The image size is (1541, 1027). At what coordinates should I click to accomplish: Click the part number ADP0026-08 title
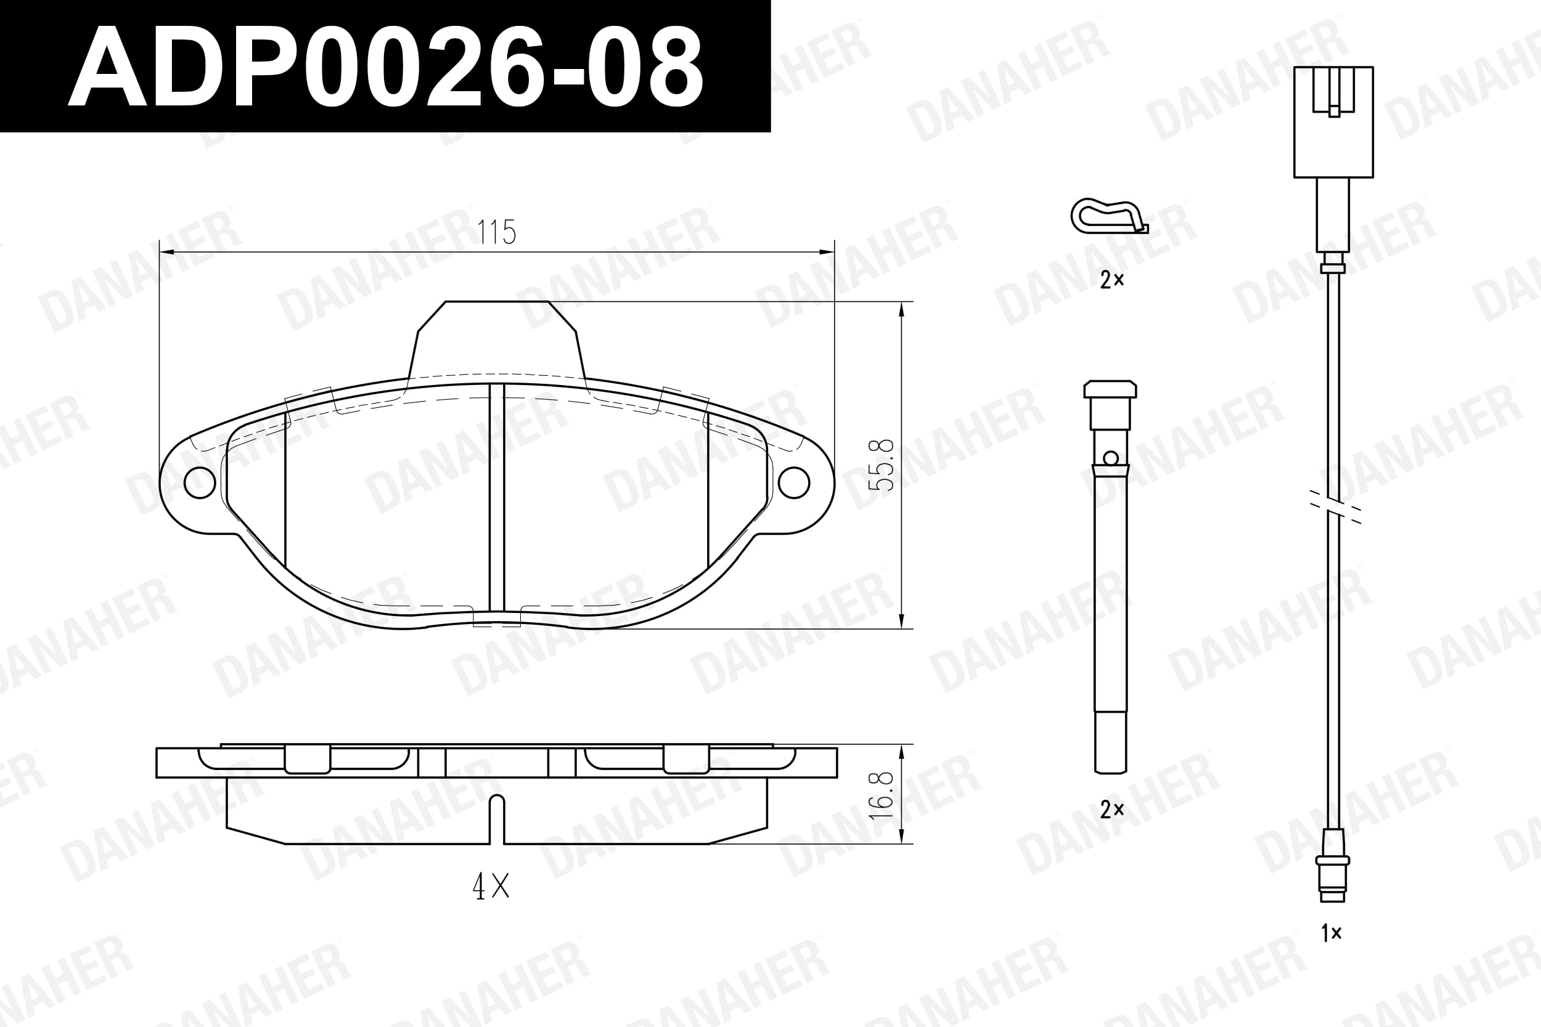385,66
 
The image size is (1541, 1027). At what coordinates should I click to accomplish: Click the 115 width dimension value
497,232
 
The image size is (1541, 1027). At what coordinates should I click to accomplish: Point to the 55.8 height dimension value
881,465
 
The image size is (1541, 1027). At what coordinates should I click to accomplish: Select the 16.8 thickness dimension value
881,795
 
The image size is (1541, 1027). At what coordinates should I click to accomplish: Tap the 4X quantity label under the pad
491,887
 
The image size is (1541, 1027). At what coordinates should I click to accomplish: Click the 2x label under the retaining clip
1112,280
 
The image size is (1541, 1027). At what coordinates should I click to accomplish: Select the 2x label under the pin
1112,810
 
